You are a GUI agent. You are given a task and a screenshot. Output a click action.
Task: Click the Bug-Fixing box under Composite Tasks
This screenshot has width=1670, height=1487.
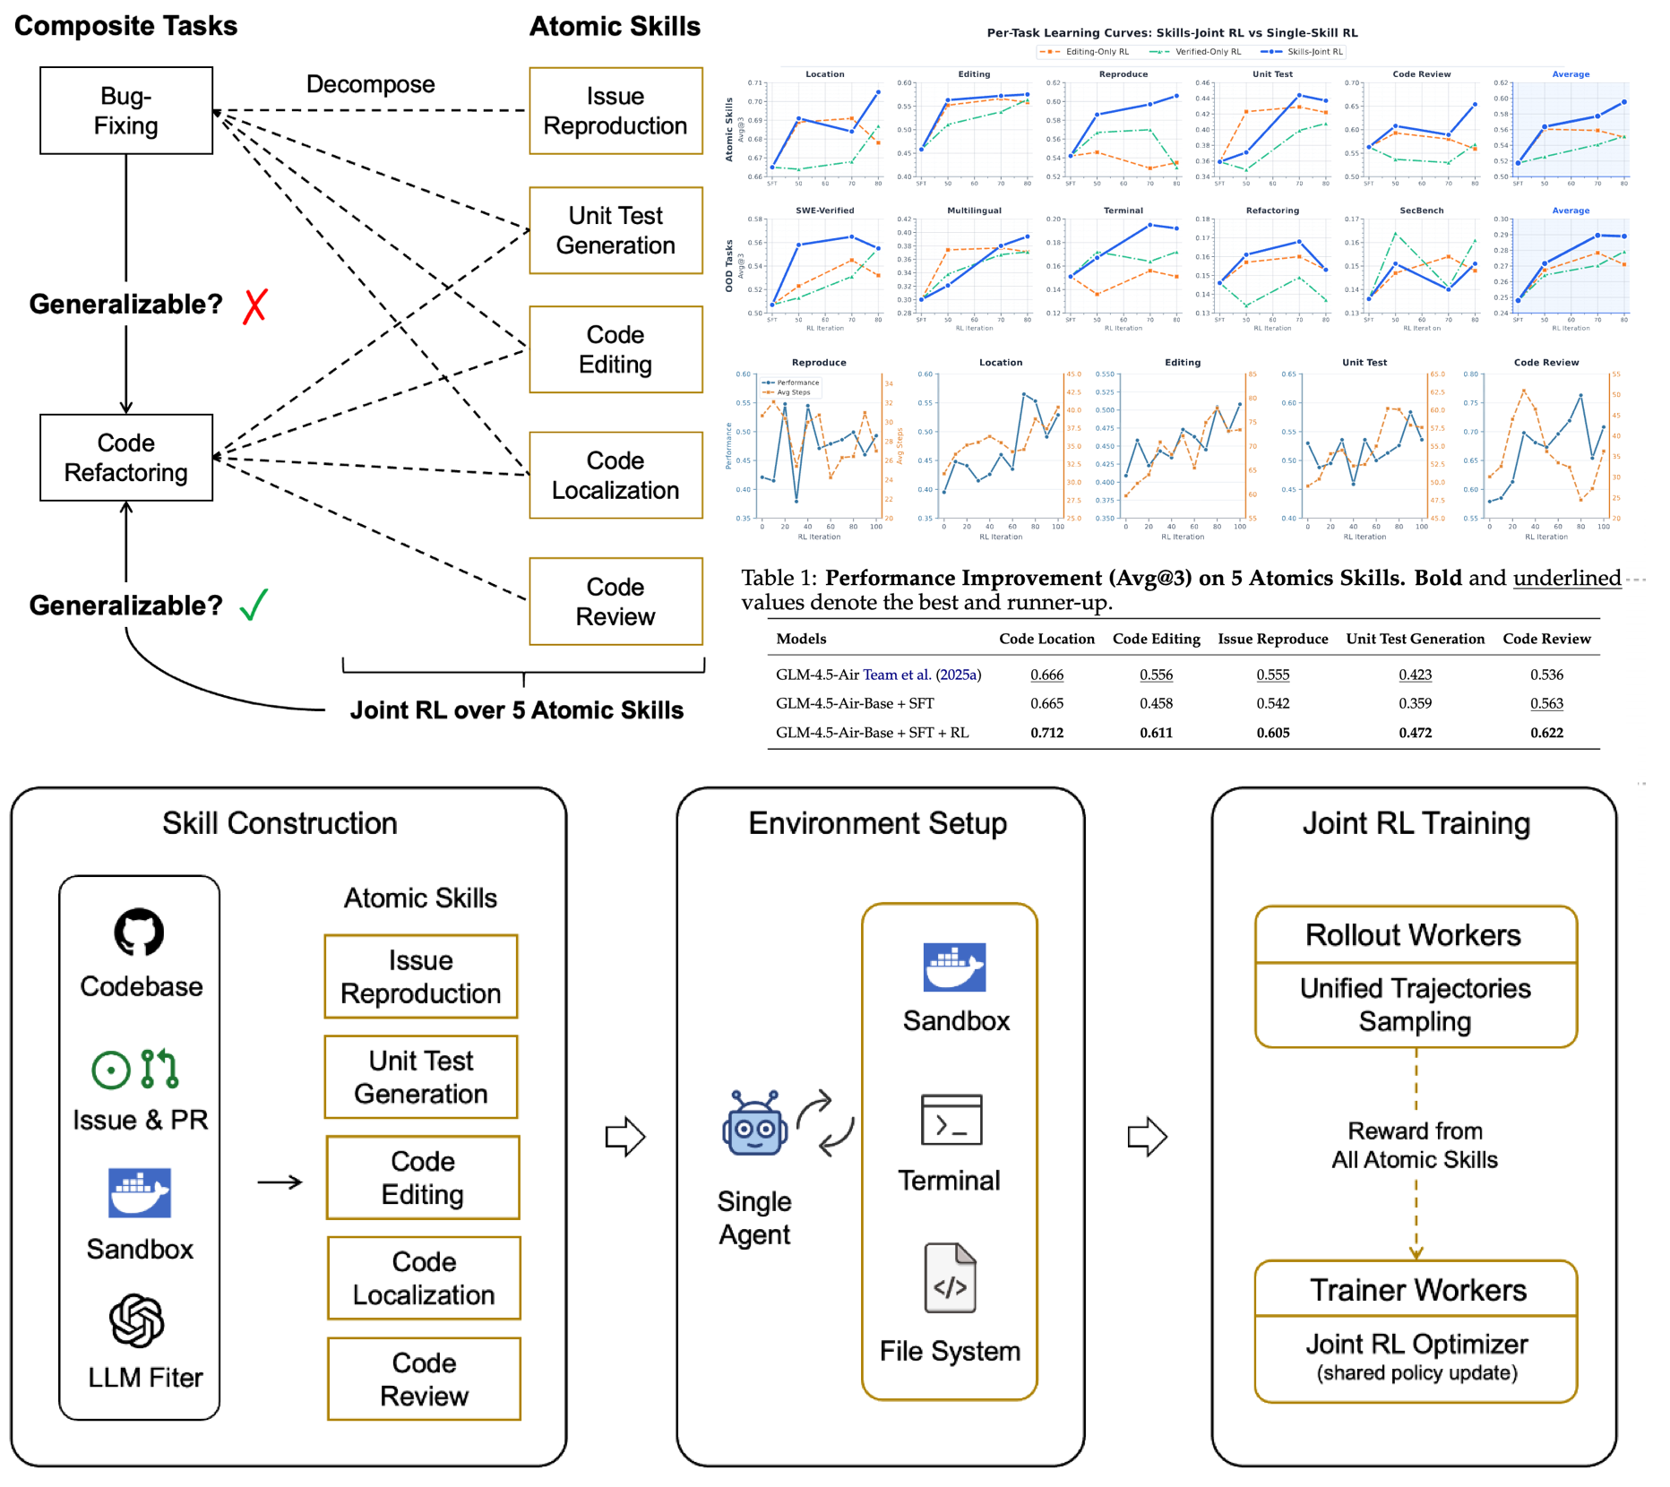coord(126,111)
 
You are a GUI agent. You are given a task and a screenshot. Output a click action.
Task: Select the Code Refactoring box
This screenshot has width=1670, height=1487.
coord(126,458)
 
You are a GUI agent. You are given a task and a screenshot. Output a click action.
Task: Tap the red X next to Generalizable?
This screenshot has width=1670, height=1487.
coord(255,305)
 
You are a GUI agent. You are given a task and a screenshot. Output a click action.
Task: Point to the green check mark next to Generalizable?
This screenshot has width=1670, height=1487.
coord(254,605)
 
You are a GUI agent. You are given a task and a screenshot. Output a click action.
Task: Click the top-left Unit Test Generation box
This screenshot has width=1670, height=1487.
coord(615,230)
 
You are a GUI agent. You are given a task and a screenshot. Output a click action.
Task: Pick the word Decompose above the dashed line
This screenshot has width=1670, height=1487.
coord(370,84)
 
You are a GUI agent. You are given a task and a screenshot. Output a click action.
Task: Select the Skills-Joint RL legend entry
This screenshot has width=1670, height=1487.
coord(1303,52)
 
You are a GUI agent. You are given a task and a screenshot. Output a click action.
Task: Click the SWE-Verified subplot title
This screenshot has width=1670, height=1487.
coord(824,211)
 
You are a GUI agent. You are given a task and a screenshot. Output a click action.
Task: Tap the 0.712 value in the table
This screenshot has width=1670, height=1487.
coord(1046,733)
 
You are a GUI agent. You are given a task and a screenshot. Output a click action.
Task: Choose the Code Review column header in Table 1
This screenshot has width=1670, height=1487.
coord(1546,639)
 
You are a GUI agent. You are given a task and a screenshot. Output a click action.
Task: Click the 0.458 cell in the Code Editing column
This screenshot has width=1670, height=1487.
coord(1156,703)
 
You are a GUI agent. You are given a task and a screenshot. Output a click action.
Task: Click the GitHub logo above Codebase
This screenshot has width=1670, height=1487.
coord(139,933)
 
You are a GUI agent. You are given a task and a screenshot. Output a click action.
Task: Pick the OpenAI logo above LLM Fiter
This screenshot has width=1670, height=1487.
coord(137,1320)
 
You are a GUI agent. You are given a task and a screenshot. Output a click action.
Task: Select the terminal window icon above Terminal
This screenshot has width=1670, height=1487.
coord(951,1120)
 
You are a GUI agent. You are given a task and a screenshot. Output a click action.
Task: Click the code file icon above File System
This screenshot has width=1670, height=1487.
coord(950,1278)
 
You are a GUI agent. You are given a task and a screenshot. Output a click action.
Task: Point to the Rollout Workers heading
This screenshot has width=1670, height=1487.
coord(1413,935)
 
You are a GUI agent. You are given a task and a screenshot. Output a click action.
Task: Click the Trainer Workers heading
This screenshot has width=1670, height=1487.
coord(1417,1290)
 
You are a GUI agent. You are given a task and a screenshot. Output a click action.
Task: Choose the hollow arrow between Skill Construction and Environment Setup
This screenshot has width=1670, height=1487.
coord(625,1137)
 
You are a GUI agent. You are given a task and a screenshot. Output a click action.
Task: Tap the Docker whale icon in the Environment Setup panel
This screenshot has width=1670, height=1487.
coord(954,967)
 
